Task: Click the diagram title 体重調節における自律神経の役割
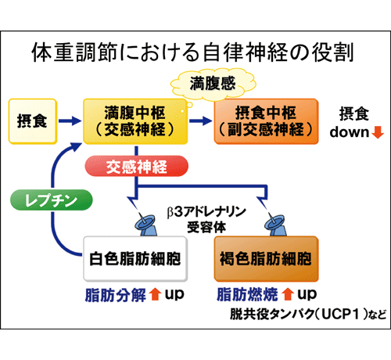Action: (x=193, y=52)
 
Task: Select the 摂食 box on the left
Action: (x=33, y=121)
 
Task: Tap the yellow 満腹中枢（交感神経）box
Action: (x=135, y=121)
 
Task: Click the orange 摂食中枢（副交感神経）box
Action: (x=266, y=121)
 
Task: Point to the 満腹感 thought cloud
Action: (x=213, y=84)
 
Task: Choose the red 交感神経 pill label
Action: (x=137, y=166)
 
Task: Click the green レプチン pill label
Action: (x=52, y=200)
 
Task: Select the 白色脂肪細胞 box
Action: (x=135, y=259)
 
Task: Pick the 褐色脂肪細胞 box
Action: (x=266, y=259)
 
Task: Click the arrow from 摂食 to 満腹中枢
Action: (x=70, y=121)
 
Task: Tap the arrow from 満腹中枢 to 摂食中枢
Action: (x=200, y=121)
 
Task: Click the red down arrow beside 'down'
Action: (x=378, y=132)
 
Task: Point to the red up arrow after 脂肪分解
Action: (x=155, y=294)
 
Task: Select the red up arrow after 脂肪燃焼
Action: (x=288, y=294)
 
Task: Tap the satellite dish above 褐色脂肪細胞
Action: (x=275, y=225)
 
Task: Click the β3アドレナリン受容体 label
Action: (x=206, y=220)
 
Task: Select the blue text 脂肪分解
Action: (x=116, y=295)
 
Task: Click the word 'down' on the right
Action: (x=350, y=132)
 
